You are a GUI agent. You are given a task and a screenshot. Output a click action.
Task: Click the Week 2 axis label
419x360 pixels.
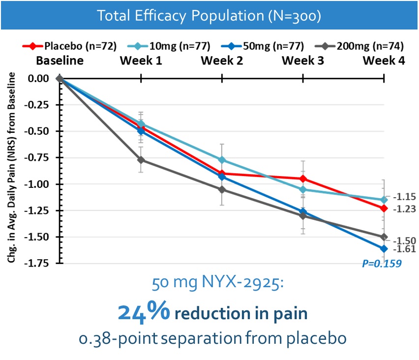click(x=222, y=61)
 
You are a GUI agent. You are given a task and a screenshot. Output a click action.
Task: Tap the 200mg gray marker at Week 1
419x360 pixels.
click(x=141, y=160)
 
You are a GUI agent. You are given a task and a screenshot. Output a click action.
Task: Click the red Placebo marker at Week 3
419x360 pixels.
click(x=303, y=179)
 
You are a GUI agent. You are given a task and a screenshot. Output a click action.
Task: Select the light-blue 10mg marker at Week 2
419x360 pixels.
click(x=222, y=160)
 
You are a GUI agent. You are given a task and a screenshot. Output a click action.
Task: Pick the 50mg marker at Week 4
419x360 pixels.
click(x=384, y=248)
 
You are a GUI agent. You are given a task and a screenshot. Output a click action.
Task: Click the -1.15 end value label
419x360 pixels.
click(x=405, y=197)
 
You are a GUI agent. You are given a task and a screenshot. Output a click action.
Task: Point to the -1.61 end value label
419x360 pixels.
click(x=405, y=249)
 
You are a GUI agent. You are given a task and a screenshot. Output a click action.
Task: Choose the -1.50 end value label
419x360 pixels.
click(x=405, y=240)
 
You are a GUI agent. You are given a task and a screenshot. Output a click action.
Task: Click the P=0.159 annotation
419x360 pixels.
click(x=382, y=263)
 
